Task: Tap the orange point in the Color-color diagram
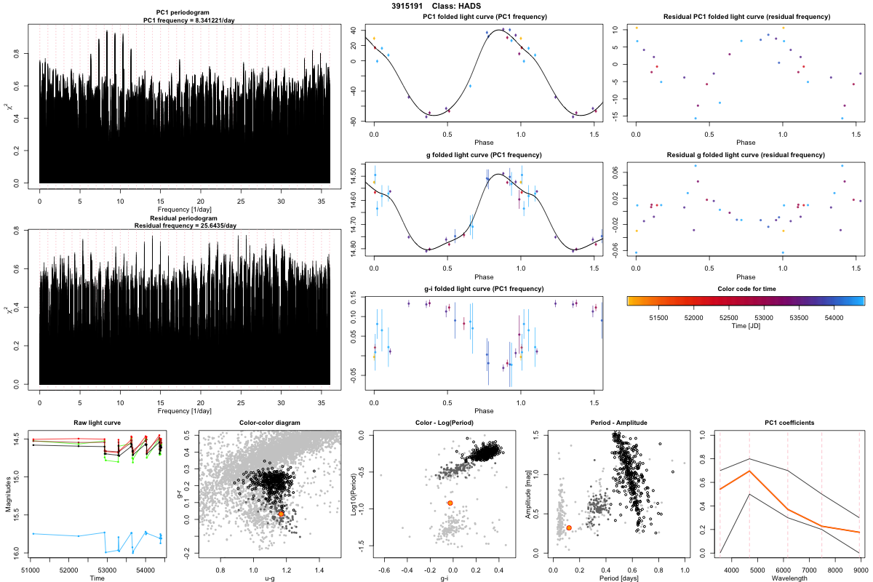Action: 282,514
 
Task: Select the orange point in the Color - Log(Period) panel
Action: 450,503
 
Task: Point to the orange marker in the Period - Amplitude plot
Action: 569,527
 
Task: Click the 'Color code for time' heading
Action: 746,290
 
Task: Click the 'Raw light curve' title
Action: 97,423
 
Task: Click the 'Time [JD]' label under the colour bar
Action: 746,327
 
